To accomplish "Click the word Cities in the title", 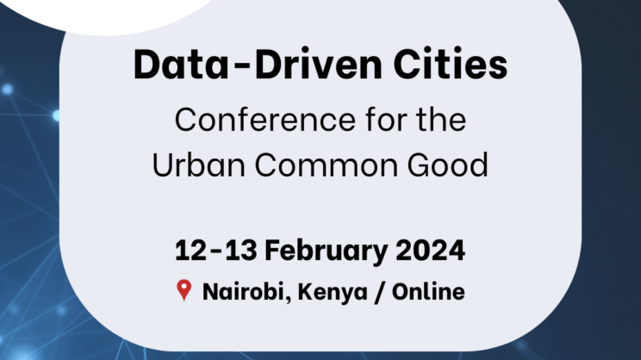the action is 450,64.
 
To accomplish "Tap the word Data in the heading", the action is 181,64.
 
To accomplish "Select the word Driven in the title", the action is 318,64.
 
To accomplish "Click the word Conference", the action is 264,120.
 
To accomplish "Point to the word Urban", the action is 199,164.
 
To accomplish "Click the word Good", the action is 448,164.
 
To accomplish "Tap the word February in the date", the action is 326,251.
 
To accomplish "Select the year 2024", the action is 430,250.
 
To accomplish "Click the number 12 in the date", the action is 190,250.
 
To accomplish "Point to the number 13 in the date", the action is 241,250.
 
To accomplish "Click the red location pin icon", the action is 184,290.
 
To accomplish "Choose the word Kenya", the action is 333,293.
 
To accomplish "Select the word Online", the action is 428,292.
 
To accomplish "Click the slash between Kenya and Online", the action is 380,293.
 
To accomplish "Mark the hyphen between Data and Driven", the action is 241,67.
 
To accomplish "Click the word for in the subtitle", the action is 386,119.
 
